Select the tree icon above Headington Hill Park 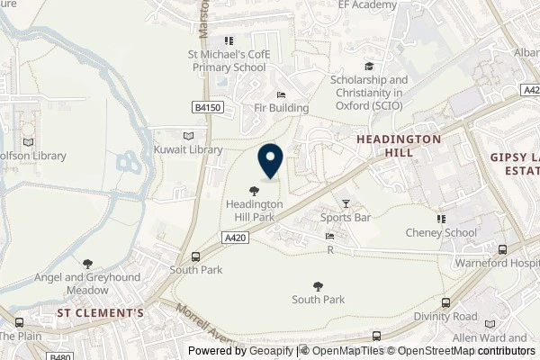(x=255, y=189)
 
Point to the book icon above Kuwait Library (x=187, y=135)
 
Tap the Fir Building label (x=281, y=108)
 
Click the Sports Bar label (x=346, y=218)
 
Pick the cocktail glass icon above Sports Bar (x=346, y=203)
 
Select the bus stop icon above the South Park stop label (x=196, y=256)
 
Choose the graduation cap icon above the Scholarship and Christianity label (x=367, y=67)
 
